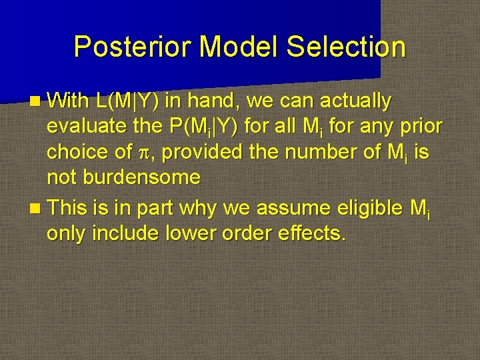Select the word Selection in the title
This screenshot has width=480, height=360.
(x=346, y=47)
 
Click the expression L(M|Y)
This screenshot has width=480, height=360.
(x=127, y=101)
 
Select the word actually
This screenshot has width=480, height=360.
(x=355, y=101)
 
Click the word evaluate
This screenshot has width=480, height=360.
(x=86, y=127)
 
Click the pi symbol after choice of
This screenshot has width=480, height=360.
(x=143, y=153)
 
